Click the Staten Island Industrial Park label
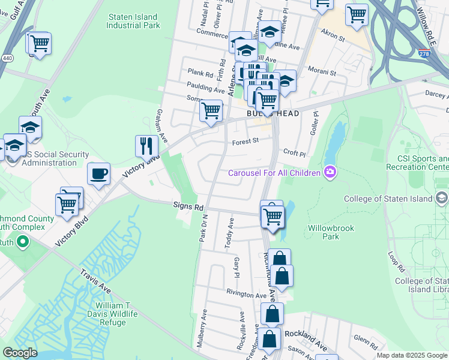pyautogui.click(x=133, y=22)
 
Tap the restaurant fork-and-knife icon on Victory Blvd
pyautogui.click(x=146, y=145)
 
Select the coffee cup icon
pyautogui.click(x=99, y=174)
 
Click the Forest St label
pyautogui.click(x=245, y=142)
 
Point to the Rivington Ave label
pyautogui.click(x=246, y=295)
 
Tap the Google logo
pyautogui.click(x=20, y=353)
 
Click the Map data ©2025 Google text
pyautogui.click(x=411, y=355)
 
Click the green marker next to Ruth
pyautogui.click(x=23, y=242)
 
